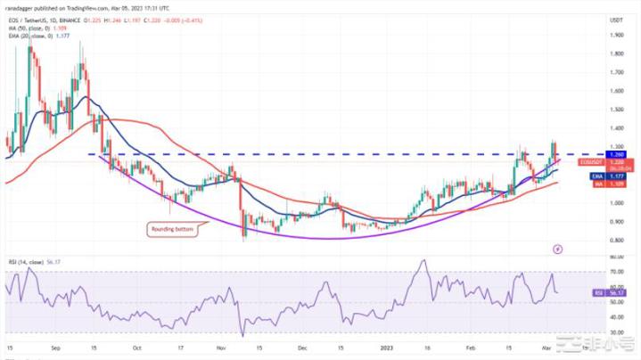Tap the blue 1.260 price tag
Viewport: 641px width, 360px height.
pos(613,155)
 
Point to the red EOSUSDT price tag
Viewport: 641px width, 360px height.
pos(590,162)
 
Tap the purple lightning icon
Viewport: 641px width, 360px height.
pos(559,248)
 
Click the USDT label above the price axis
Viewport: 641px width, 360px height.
pos(616,19)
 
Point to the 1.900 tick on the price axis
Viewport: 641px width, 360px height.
pos(615,35)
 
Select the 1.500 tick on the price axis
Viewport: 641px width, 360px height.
pos(615,110)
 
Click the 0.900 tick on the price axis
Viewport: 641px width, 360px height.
pos(615,222)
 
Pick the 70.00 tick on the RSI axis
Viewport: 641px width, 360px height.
pos(616,271)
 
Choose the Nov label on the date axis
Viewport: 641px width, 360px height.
pos(222,349)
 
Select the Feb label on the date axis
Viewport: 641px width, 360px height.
pos(470,349)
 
